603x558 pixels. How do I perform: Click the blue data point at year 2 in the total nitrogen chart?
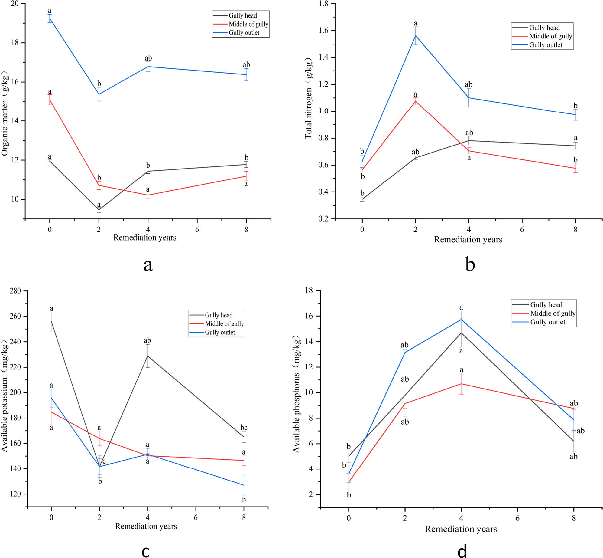click(416, 35)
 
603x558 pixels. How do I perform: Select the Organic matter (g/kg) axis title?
click(5, 113)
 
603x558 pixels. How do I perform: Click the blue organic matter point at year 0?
click(50, 18)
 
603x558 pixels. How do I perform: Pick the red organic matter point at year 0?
click(50, 100)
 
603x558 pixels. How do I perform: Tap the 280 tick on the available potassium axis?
click(15, 291)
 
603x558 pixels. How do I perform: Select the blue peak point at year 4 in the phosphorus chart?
click(461, 319)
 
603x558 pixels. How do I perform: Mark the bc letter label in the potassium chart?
click(244, 428)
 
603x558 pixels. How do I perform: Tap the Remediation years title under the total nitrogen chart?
click(468, 240)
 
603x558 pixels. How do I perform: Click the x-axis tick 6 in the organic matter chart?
click(197, 229)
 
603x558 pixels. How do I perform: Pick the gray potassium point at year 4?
click(148, 356)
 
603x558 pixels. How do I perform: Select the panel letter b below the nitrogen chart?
click(470, 264)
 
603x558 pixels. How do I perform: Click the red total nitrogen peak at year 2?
click(416, 101)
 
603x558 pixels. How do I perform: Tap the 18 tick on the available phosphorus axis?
click(309, 290)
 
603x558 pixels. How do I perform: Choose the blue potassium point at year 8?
click(244, 485)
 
